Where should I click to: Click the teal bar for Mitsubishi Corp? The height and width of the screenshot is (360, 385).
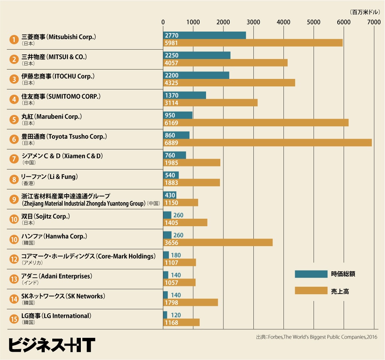(204, 35)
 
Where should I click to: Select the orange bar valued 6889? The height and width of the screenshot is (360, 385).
(267, 143)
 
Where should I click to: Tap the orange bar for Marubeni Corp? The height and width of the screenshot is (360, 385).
(256, 123)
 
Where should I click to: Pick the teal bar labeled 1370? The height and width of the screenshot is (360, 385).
(184, 95)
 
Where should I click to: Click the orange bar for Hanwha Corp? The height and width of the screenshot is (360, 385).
(218, 243)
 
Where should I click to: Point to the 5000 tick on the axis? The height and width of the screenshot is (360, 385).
(313, 22)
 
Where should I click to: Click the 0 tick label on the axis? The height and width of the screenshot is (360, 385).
(163, 22)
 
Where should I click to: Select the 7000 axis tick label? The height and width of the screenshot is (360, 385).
(374, 22)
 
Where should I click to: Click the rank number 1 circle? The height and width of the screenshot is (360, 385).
(14, 39)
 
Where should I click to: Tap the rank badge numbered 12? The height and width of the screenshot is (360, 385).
(14, 259)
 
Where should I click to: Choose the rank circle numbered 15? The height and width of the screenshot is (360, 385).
(14, 319)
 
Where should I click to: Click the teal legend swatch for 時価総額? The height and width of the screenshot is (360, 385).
(311, 274)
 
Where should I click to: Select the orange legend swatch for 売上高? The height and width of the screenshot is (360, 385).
(311, 291)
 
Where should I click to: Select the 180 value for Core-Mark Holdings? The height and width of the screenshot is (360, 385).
(176, 256)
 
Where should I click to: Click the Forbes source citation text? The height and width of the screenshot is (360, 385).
(316, 337)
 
